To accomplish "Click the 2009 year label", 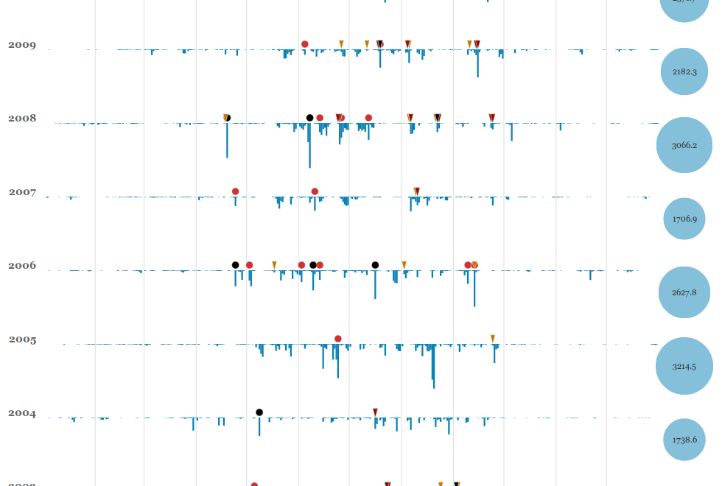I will point(22,45).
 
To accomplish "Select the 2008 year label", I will point(22,119).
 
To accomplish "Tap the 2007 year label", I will point(22,192).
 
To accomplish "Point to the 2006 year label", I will point(22,266).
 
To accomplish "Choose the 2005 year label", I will point(22,340).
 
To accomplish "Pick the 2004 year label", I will point(22,414).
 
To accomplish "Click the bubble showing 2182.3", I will point(684,71).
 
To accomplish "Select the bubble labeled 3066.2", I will point(684,145).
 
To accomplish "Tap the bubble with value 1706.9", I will point(684,219).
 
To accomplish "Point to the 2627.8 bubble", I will point(684,292).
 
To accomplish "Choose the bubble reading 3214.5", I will point(684,366).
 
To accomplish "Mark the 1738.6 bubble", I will point(684,440).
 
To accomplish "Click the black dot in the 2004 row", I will point(259,412).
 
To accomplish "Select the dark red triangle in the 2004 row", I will point(375,412).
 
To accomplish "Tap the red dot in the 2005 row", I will point(338,339).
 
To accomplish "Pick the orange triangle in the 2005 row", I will point(493,339).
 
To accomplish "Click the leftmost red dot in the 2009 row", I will point(305,44).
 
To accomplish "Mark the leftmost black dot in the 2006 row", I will point(236,265).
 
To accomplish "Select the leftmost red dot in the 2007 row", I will point(236,191).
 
